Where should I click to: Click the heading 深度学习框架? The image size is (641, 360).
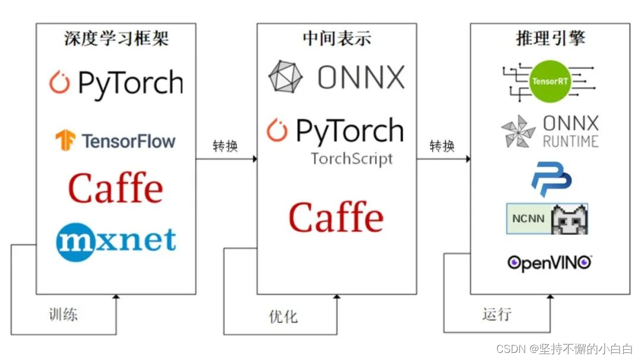(116, 39)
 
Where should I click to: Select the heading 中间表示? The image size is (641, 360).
(337, 39)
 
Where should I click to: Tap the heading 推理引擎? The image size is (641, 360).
(550, 39)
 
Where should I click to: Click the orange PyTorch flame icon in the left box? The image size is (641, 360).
(59, 82)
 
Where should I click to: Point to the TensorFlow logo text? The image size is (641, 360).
(128, 141)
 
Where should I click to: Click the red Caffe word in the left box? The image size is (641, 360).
(116, 189)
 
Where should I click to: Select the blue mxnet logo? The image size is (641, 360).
(116, 240)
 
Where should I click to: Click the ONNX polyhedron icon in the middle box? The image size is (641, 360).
(285, 77)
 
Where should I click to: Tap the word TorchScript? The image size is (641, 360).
(352, 159)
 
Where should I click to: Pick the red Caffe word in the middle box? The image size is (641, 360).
(336, 217)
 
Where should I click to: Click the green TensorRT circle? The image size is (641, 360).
(551, 81)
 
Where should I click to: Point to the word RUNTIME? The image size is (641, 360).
(570, 141)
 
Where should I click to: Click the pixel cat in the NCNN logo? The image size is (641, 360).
(569, 219)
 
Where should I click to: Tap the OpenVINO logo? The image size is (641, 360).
(550, 262)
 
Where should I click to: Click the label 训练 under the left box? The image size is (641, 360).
(63, 314)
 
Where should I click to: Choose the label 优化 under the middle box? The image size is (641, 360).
(283, 316)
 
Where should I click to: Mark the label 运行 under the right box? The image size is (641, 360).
(497, 314)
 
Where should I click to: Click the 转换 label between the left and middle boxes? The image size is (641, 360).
(226, 146)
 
